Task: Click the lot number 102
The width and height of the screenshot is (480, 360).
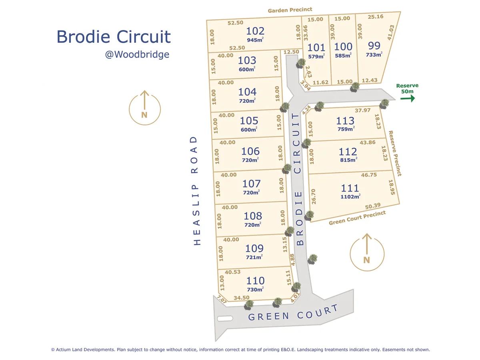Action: coord(256,31)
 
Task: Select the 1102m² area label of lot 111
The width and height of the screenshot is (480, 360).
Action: coord(350,196)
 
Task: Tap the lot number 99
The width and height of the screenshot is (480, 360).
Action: coord(374,45)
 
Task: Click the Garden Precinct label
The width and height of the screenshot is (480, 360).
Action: coord(290,10)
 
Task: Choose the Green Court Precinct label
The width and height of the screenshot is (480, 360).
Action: coord(357,218)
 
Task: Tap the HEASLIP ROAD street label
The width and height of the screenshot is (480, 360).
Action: coord(196,190)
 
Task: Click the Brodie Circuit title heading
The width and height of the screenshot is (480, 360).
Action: coord(114,37)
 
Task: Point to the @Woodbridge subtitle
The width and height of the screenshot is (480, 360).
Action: coord(137,54)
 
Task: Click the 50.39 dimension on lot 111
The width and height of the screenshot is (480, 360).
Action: coord(373,206)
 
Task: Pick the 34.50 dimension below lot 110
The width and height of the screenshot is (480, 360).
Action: coord(242,298)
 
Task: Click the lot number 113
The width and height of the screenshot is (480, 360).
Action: coord(345,120)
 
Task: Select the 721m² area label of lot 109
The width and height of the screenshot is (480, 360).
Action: coord(254,257)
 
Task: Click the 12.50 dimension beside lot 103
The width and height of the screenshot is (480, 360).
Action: coord(291,52)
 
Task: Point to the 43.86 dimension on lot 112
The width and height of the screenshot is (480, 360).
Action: coord(368,142)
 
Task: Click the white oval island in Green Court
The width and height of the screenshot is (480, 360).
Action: coord(225,319)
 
